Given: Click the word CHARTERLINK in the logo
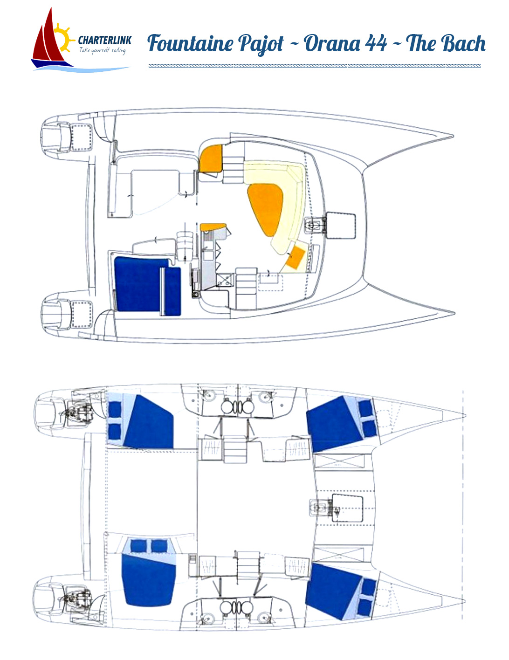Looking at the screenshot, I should point(104,41).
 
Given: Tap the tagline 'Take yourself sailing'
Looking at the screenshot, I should point(102,50).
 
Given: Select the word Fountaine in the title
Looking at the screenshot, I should point(190,44).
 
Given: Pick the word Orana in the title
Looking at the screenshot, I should point(332,44).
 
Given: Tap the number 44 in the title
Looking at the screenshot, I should point(376,44).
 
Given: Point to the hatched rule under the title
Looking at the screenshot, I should point(315,66).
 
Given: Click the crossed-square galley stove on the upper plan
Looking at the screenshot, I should point(224,280).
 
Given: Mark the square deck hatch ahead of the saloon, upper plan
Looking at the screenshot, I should point(341,225).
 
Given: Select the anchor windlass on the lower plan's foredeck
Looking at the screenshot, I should point(319,507).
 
